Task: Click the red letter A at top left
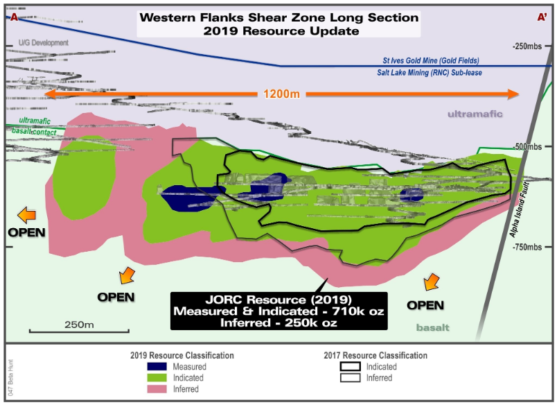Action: tap(12, 17)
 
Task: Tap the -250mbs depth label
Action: tap(530, 46)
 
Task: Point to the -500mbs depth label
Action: tap(530, 147)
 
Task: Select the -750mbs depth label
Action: tap(530, 248)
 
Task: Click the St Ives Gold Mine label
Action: tap(435, 61)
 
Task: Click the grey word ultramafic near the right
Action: tap(475, 114)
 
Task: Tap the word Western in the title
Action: tap(170, 17)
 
